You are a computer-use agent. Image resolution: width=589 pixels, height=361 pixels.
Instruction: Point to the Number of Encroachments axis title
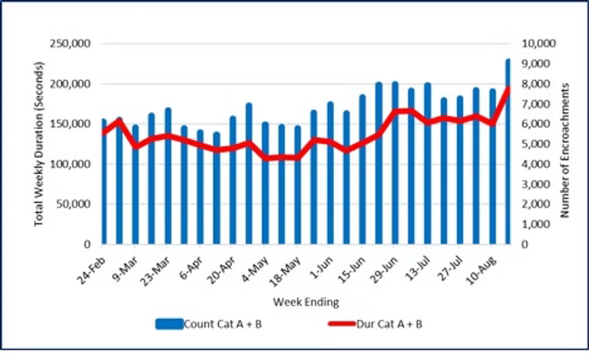(x=568, y=144)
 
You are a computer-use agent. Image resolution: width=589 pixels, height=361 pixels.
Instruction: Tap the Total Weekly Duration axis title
(x=40, y=144)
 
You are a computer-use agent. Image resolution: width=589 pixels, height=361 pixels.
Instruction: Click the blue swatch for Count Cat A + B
(x=169, y=324)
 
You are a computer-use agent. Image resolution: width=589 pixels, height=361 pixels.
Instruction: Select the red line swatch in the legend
(x=334, y=324)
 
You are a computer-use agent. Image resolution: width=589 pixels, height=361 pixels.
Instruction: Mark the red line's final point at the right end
(x=508, y=87)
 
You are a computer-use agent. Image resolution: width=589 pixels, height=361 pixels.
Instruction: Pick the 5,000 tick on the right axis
(x=535, y=144)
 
